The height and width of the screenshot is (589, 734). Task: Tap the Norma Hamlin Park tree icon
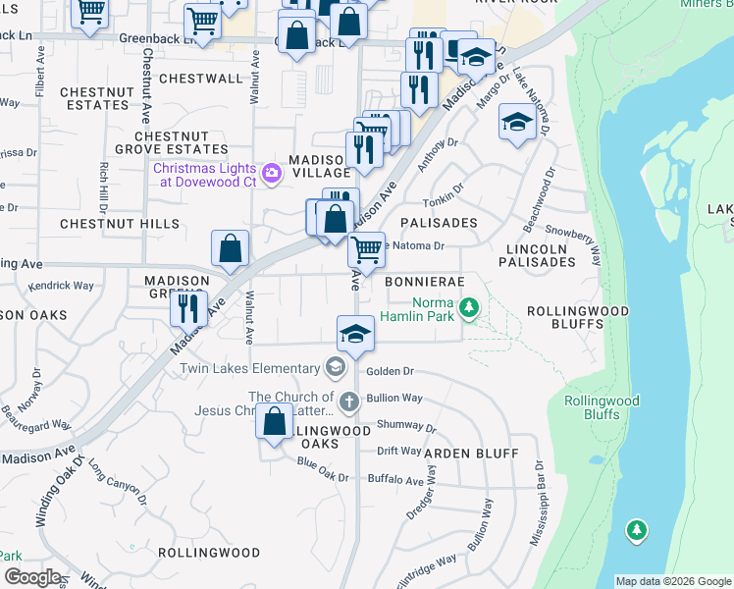pos(470,309)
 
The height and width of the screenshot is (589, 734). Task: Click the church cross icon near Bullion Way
pos(348,402)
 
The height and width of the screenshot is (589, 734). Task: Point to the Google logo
pos(32,577)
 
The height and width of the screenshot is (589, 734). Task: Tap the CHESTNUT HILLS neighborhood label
pos(120,224)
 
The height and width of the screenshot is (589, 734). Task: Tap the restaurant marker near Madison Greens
pos(186,307)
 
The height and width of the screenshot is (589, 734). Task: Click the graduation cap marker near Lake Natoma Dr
pos(516,123)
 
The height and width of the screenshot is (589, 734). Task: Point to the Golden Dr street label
pos(390,372)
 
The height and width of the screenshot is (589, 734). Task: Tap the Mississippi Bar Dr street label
pos(538,504)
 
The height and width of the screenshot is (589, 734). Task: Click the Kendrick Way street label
pos(61,286)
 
